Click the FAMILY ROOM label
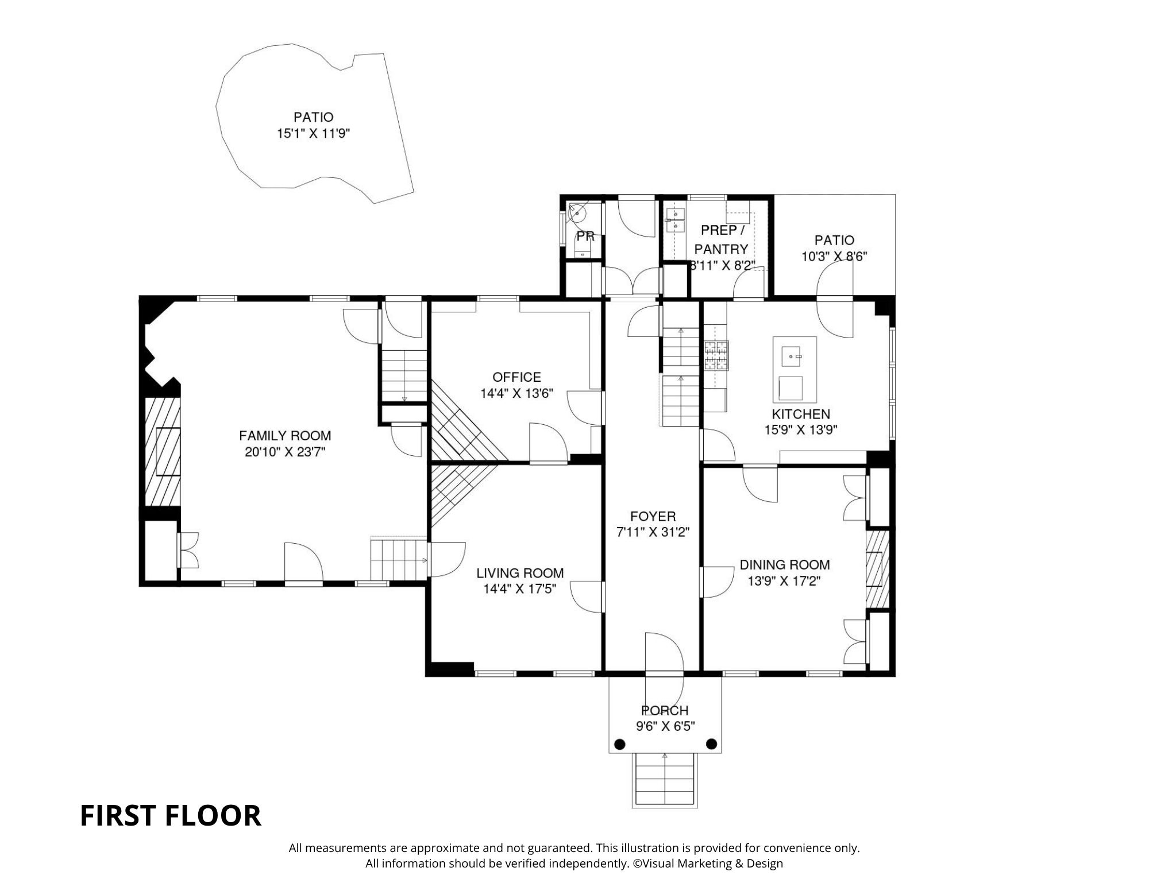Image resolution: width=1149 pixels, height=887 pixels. coord(285,436)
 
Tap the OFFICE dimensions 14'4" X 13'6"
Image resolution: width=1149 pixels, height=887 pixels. coord(516,393)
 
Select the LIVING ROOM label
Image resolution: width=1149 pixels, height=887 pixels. coord(519,573)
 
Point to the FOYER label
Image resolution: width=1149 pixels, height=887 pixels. coord(653,516)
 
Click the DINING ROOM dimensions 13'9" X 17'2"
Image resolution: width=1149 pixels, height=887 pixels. coord(784,581)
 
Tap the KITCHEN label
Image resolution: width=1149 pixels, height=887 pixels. coord(800,414)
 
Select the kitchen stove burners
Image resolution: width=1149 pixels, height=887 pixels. coord(716,355)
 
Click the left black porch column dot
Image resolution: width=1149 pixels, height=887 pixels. coord(619,744)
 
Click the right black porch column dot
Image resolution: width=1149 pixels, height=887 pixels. coord(711,744)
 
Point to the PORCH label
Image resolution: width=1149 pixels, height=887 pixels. coord(665,711)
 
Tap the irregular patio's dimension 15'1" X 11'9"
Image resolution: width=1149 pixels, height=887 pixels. coord(313,134)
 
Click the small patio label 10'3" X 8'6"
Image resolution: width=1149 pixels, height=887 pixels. coord(834,256)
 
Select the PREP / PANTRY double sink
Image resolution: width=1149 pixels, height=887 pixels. coord(676,220)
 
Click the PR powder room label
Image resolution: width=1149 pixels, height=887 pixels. coord(585,237)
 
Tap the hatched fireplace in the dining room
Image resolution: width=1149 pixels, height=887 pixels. coord(877,568)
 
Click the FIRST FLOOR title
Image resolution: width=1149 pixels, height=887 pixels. coord(170,816)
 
